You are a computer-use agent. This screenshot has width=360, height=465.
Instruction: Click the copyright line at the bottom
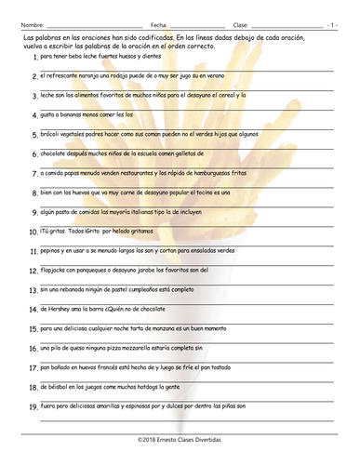(180, 436)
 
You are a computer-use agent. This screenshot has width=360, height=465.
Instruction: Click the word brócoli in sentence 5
(54, 134)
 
